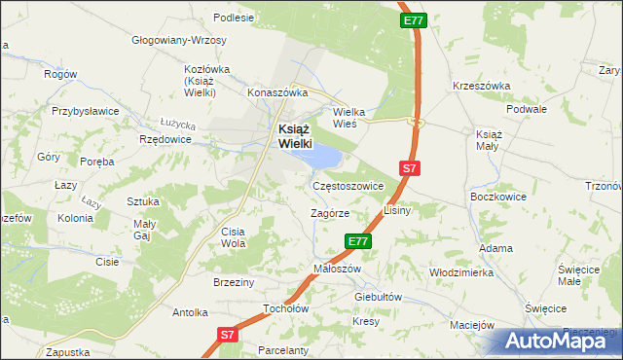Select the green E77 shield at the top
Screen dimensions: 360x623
click(x=413, y=19)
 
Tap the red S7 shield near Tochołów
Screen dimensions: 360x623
click(x=227, y=334)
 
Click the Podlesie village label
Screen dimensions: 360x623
click(x=234, y=17)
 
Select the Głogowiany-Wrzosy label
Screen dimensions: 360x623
click(x=179, y=41)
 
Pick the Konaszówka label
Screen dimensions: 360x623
click(x=277, y=92)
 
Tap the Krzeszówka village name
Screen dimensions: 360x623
click(x=481, y=86)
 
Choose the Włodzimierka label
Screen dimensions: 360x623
click(x=461, y=272)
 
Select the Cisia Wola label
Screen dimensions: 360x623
click(x=234, y=237)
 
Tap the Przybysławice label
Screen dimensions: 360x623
click(x=85, y=111)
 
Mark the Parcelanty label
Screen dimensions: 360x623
click(x=283, y=350)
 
